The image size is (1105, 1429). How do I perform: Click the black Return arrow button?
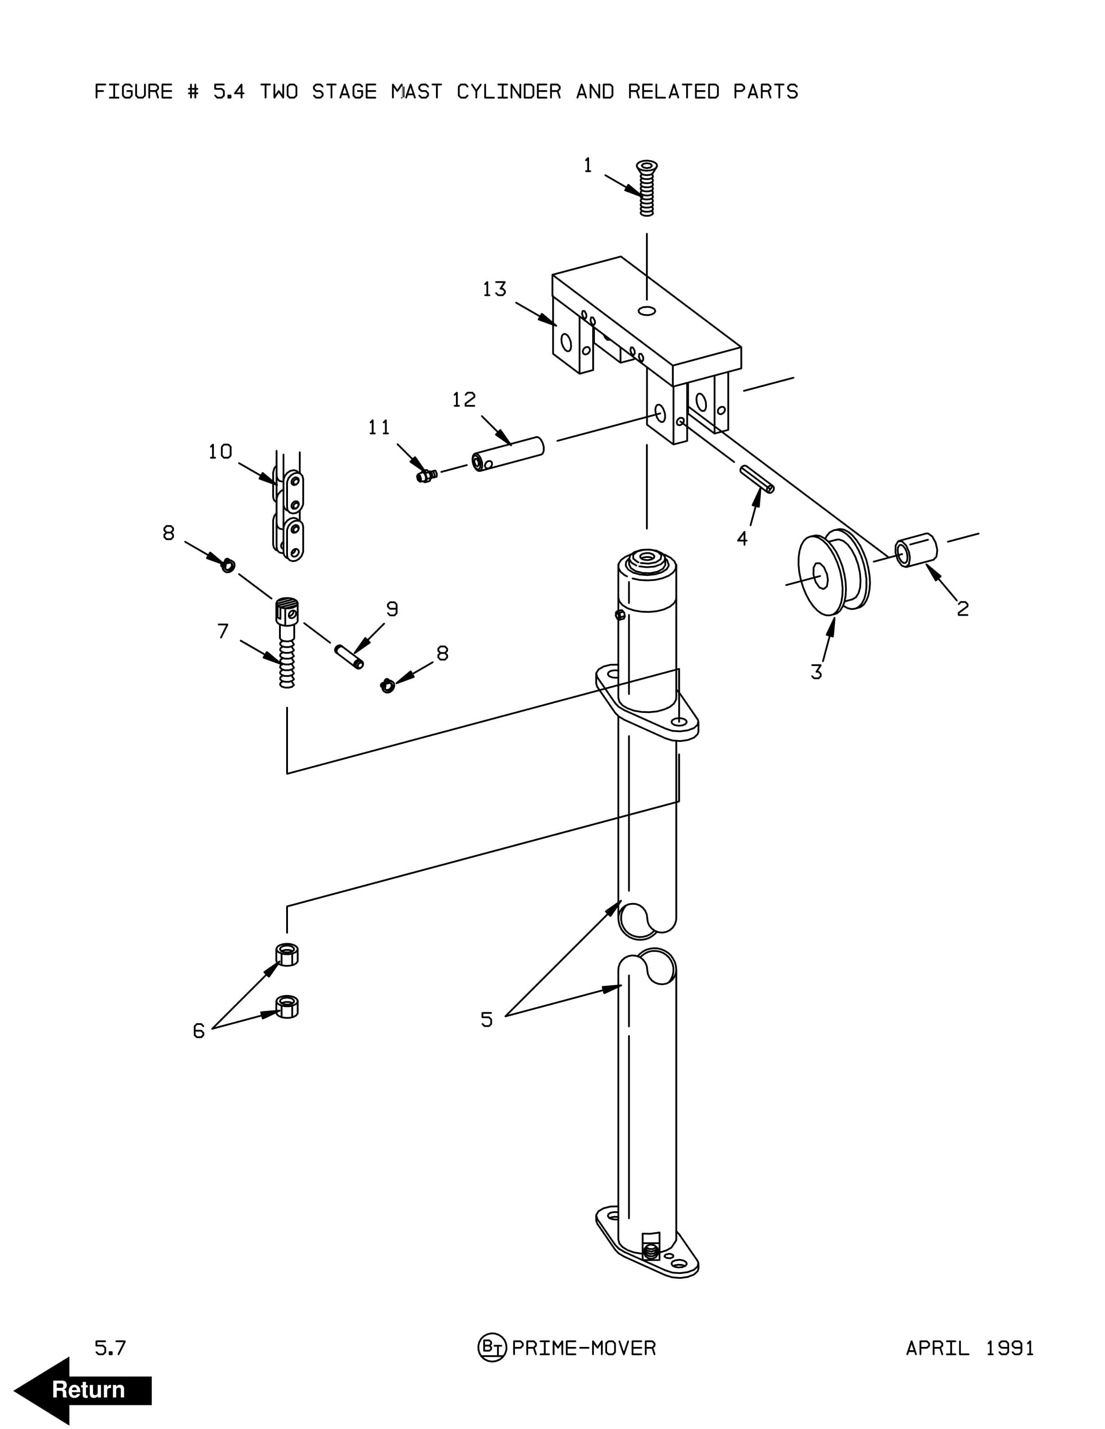83,1390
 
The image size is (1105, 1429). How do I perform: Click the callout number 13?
494,289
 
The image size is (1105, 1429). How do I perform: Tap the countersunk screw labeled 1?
647,188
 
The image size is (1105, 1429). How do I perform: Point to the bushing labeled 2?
916,549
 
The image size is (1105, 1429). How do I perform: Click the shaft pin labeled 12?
508,454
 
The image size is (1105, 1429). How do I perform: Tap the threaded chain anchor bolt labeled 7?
287,642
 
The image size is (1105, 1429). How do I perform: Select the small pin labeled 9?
349,656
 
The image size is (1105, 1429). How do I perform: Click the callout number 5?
487,1019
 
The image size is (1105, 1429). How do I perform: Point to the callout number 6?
198,1031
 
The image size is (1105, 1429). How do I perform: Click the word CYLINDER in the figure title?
509,92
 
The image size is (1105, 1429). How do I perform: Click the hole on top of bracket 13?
647,310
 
